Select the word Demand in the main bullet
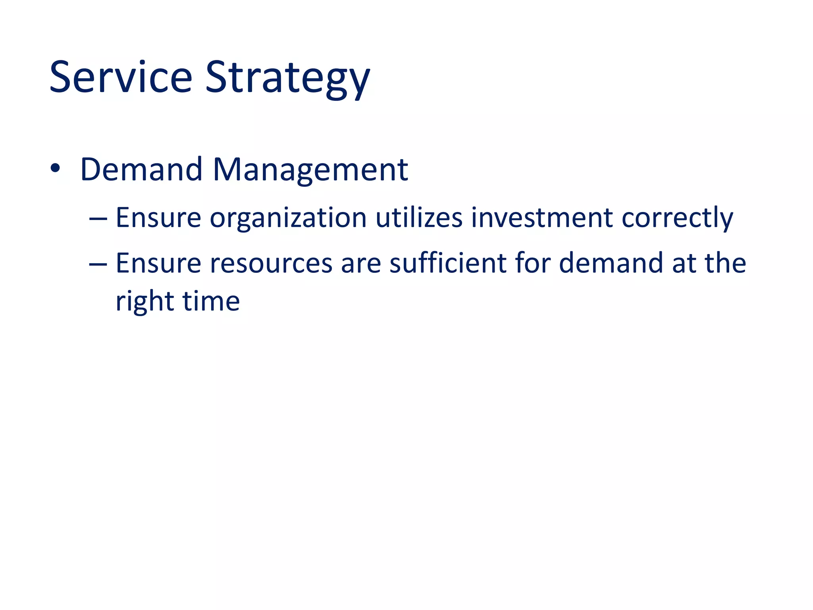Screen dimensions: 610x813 pyautogui.click(x=141, y=170)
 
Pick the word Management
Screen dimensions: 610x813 pyautogui.click(x=310, y=170)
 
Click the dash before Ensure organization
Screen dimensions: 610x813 pyautogui.click(x=98, y=218)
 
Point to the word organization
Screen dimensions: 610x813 pyautogui.click(x=288, y=218)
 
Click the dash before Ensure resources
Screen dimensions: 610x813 pyautogui.click(x=98, y=264)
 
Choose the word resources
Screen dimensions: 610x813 pyautogui.click(x=271, y=264)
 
